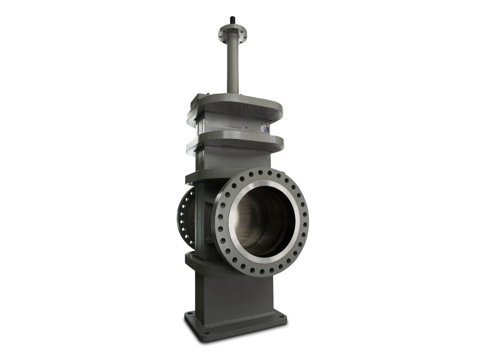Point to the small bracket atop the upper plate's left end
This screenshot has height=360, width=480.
(x=198, y=97)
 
